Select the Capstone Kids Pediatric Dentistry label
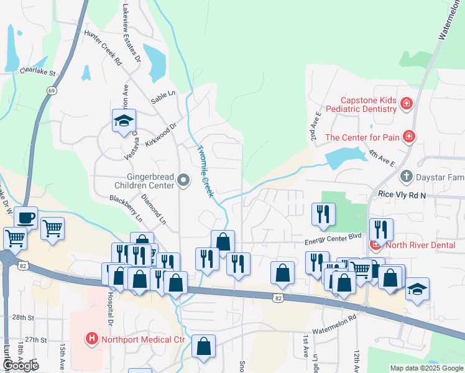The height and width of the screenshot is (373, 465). tap(367, 104)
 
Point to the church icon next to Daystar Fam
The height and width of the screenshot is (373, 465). tap(407, 177)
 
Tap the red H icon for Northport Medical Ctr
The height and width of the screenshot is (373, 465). tap(91, 339)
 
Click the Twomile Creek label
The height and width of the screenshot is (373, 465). tap(205, 171)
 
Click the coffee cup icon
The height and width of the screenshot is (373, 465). tap(25, 218)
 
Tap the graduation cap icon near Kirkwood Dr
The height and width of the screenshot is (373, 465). tap(124, 119)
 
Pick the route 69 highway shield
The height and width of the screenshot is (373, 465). tap(48, 90)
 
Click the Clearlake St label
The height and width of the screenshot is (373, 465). tap(37, 72)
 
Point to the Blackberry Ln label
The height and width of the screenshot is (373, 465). tap(126, 209)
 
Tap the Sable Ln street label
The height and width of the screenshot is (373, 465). tap(164, 96)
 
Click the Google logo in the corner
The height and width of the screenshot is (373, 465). tap(21, 366)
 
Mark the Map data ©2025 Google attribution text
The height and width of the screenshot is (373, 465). tap(426, 368)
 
